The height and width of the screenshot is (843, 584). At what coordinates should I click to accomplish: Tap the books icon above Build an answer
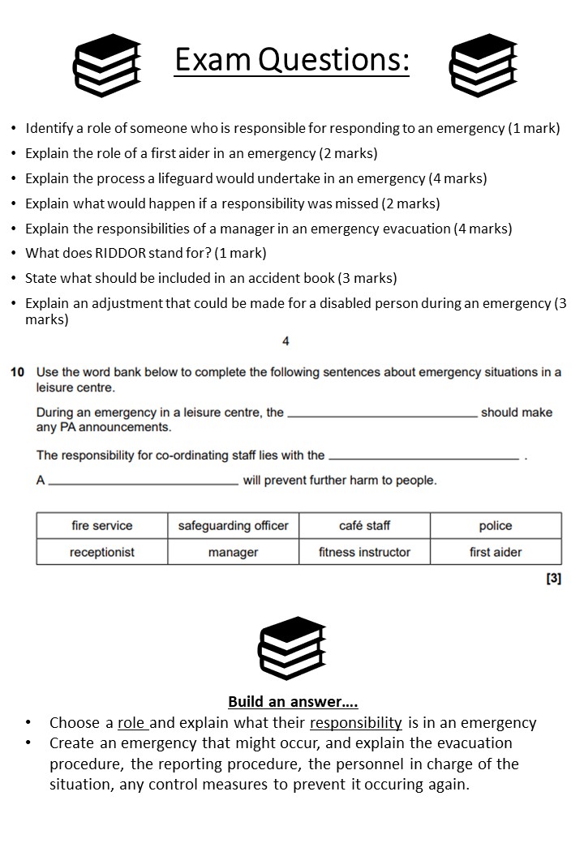point(291,648)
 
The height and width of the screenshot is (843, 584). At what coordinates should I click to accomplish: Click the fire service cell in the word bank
point(102,525)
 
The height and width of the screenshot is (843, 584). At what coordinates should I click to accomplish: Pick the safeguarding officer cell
point(234,525)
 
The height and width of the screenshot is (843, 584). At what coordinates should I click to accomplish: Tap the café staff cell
point(364,525)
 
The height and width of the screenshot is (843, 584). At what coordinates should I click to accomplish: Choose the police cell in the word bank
point(496,525)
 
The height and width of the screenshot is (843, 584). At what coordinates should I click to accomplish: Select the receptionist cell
point(102,552)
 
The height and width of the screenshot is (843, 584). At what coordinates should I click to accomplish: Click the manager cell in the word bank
point(234,552)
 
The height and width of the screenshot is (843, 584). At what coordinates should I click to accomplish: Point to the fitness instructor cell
point(364,552)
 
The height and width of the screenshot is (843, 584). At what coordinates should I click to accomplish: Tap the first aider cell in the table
point(496,552)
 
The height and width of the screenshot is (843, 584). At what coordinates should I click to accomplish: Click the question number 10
point(17,372)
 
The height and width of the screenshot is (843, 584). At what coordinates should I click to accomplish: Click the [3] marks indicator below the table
point(553,578)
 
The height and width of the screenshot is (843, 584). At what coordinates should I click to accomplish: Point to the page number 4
point(286,341)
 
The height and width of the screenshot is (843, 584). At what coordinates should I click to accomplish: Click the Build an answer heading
point(293,701)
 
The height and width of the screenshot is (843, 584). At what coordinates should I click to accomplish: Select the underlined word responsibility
point(356,722)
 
